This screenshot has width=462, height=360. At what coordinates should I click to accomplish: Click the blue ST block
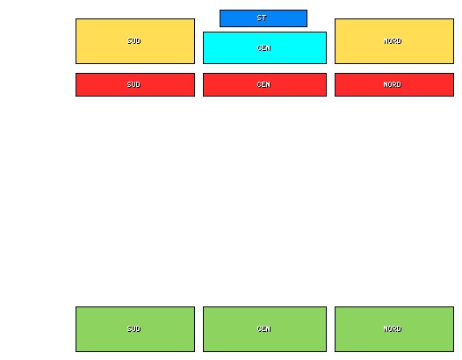pyautogui.click(x=263, y=18)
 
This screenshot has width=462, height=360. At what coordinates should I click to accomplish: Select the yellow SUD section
pyautogui.click(x=135, y=41)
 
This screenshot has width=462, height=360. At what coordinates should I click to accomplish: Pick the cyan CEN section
pyautogui.click(x=264, y=47)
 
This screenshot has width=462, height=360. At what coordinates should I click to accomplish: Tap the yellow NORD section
pyautogui.click(x=394, y=41)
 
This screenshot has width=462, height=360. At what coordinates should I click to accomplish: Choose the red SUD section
pyautogui.click(x=135, y=85)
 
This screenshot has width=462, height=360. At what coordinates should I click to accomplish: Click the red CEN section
pyautogui.click(x=264, y=85)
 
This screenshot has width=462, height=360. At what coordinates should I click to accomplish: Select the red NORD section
pyautogui.click(x=394, y=85)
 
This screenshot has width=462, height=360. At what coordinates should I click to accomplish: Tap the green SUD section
pyautogui.click(x=135, y=329)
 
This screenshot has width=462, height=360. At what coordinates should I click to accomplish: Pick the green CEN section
pyautogui.click(x=264, y=329)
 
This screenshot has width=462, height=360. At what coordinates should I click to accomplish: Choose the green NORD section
pyautogui.click(x=394, y=329)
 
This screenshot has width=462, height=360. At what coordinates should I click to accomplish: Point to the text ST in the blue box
pyautogui.click(x=262, y=18)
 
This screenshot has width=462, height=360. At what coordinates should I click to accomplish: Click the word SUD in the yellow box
pyautogui.click(x=134, y=41)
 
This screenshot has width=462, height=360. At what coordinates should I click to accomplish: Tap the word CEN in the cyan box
pyautogui.click(x=264, y=48)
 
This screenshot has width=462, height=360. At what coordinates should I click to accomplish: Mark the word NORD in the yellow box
pyautogui.click(x=393, y=41)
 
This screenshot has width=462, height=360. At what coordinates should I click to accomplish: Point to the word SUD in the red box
pyautogui.click(x=134, y=84)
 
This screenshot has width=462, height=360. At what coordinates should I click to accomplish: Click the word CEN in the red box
pyautogui.click(x=263, y=84)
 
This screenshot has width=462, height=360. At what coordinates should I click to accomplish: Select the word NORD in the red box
pyautogui.click(x=393, y=84)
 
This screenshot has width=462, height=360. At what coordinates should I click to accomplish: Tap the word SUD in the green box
pyautogui.click(x=134, y=328)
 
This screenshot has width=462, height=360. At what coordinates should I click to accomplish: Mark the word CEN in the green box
pyautogui.click(x=264, y=328)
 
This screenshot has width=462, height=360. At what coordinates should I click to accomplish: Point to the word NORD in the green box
pyautogui.click(x=393, y=328)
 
